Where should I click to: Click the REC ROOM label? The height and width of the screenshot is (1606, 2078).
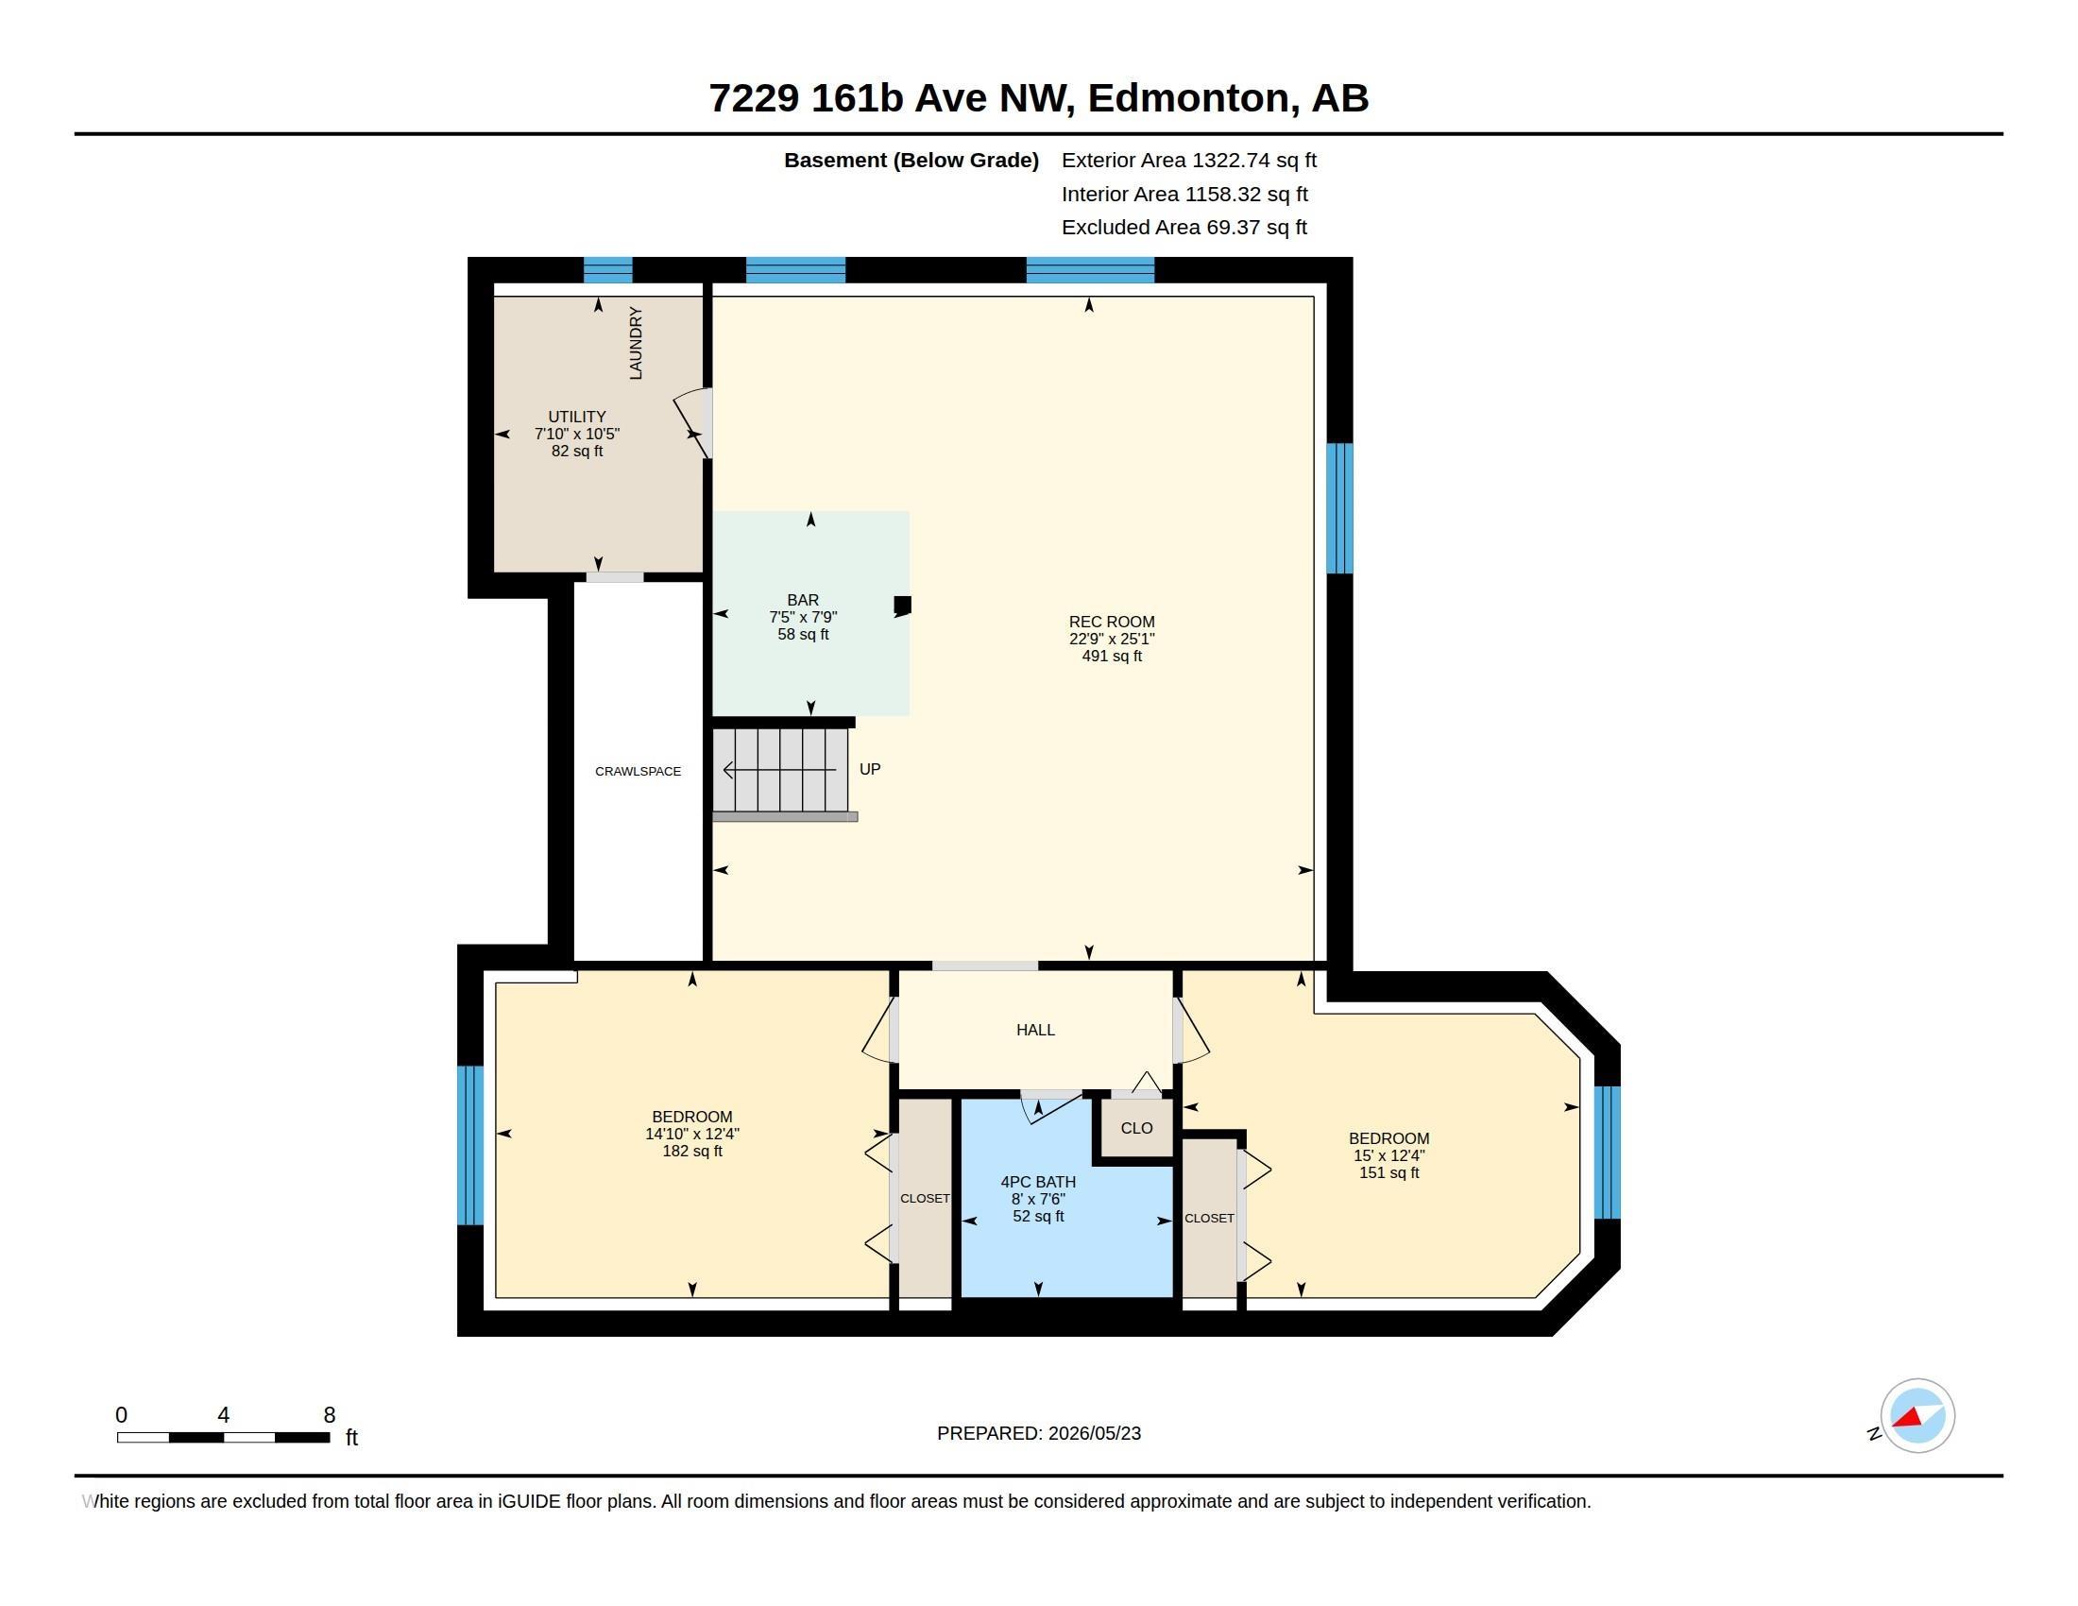1112,622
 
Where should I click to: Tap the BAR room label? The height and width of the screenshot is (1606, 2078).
803,599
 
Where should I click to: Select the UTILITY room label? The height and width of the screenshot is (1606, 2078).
576,417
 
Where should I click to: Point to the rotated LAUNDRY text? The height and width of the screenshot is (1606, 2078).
636,343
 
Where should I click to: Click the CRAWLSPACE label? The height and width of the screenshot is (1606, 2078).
639,772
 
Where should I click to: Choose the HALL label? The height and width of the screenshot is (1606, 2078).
1035,1030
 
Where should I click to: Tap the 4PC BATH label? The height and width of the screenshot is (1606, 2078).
1038,1182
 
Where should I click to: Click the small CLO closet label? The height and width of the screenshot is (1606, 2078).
1137,1127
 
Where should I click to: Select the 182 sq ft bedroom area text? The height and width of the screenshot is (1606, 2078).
692,1152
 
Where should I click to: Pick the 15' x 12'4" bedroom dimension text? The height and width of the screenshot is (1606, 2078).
1389,1155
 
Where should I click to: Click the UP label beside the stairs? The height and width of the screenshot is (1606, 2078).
870,769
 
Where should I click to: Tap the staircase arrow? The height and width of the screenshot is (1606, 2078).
780,770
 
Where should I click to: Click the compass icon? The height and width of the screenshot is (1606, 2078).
1917,1416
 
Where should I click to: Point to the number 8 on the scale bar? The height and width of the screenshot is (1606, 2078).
330,1415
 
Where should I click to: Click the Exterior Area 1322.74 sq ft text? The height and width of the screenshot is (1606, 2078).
1189,160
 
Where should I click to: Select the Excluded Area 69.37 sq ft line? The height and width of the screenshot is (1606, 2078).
1184,228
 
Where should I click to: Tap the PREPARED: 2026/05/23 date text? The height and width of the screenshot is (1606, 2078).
1039,1433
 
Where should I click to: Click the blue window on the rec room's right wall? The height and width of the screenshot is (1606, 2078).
1339,508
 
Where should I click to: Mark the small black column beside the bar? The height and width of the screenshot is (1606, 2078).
902,605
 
